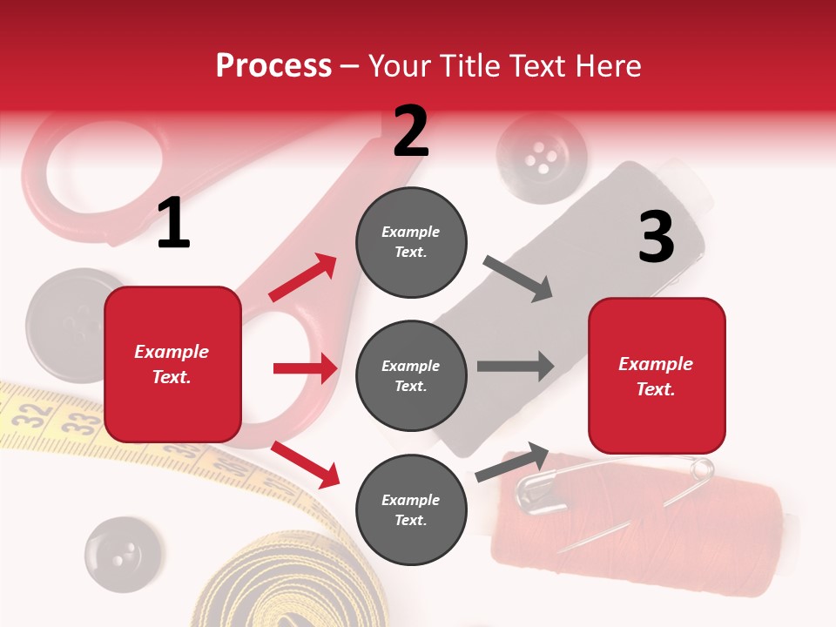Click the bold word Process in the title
[273, 65]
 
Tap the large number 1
[173, 224]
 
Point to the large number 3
[656, 237]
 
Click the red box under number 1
[172, 364]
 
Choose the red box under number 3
[657, 375]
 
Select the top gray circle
[411, 242]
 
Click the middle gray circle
[411, 375]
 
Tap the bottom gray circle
[411, 509]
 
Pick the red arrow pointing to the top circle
[303, 278]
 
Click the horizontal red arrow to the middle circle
[305, 368]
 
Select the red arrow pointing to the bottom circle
[305, 464]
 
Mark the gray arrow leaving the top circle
[518, 279]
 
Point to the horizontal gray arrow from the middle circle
[515, 367]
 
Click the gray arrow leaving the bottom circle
[512, 462]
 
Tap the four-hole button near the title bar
[542, 157]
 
